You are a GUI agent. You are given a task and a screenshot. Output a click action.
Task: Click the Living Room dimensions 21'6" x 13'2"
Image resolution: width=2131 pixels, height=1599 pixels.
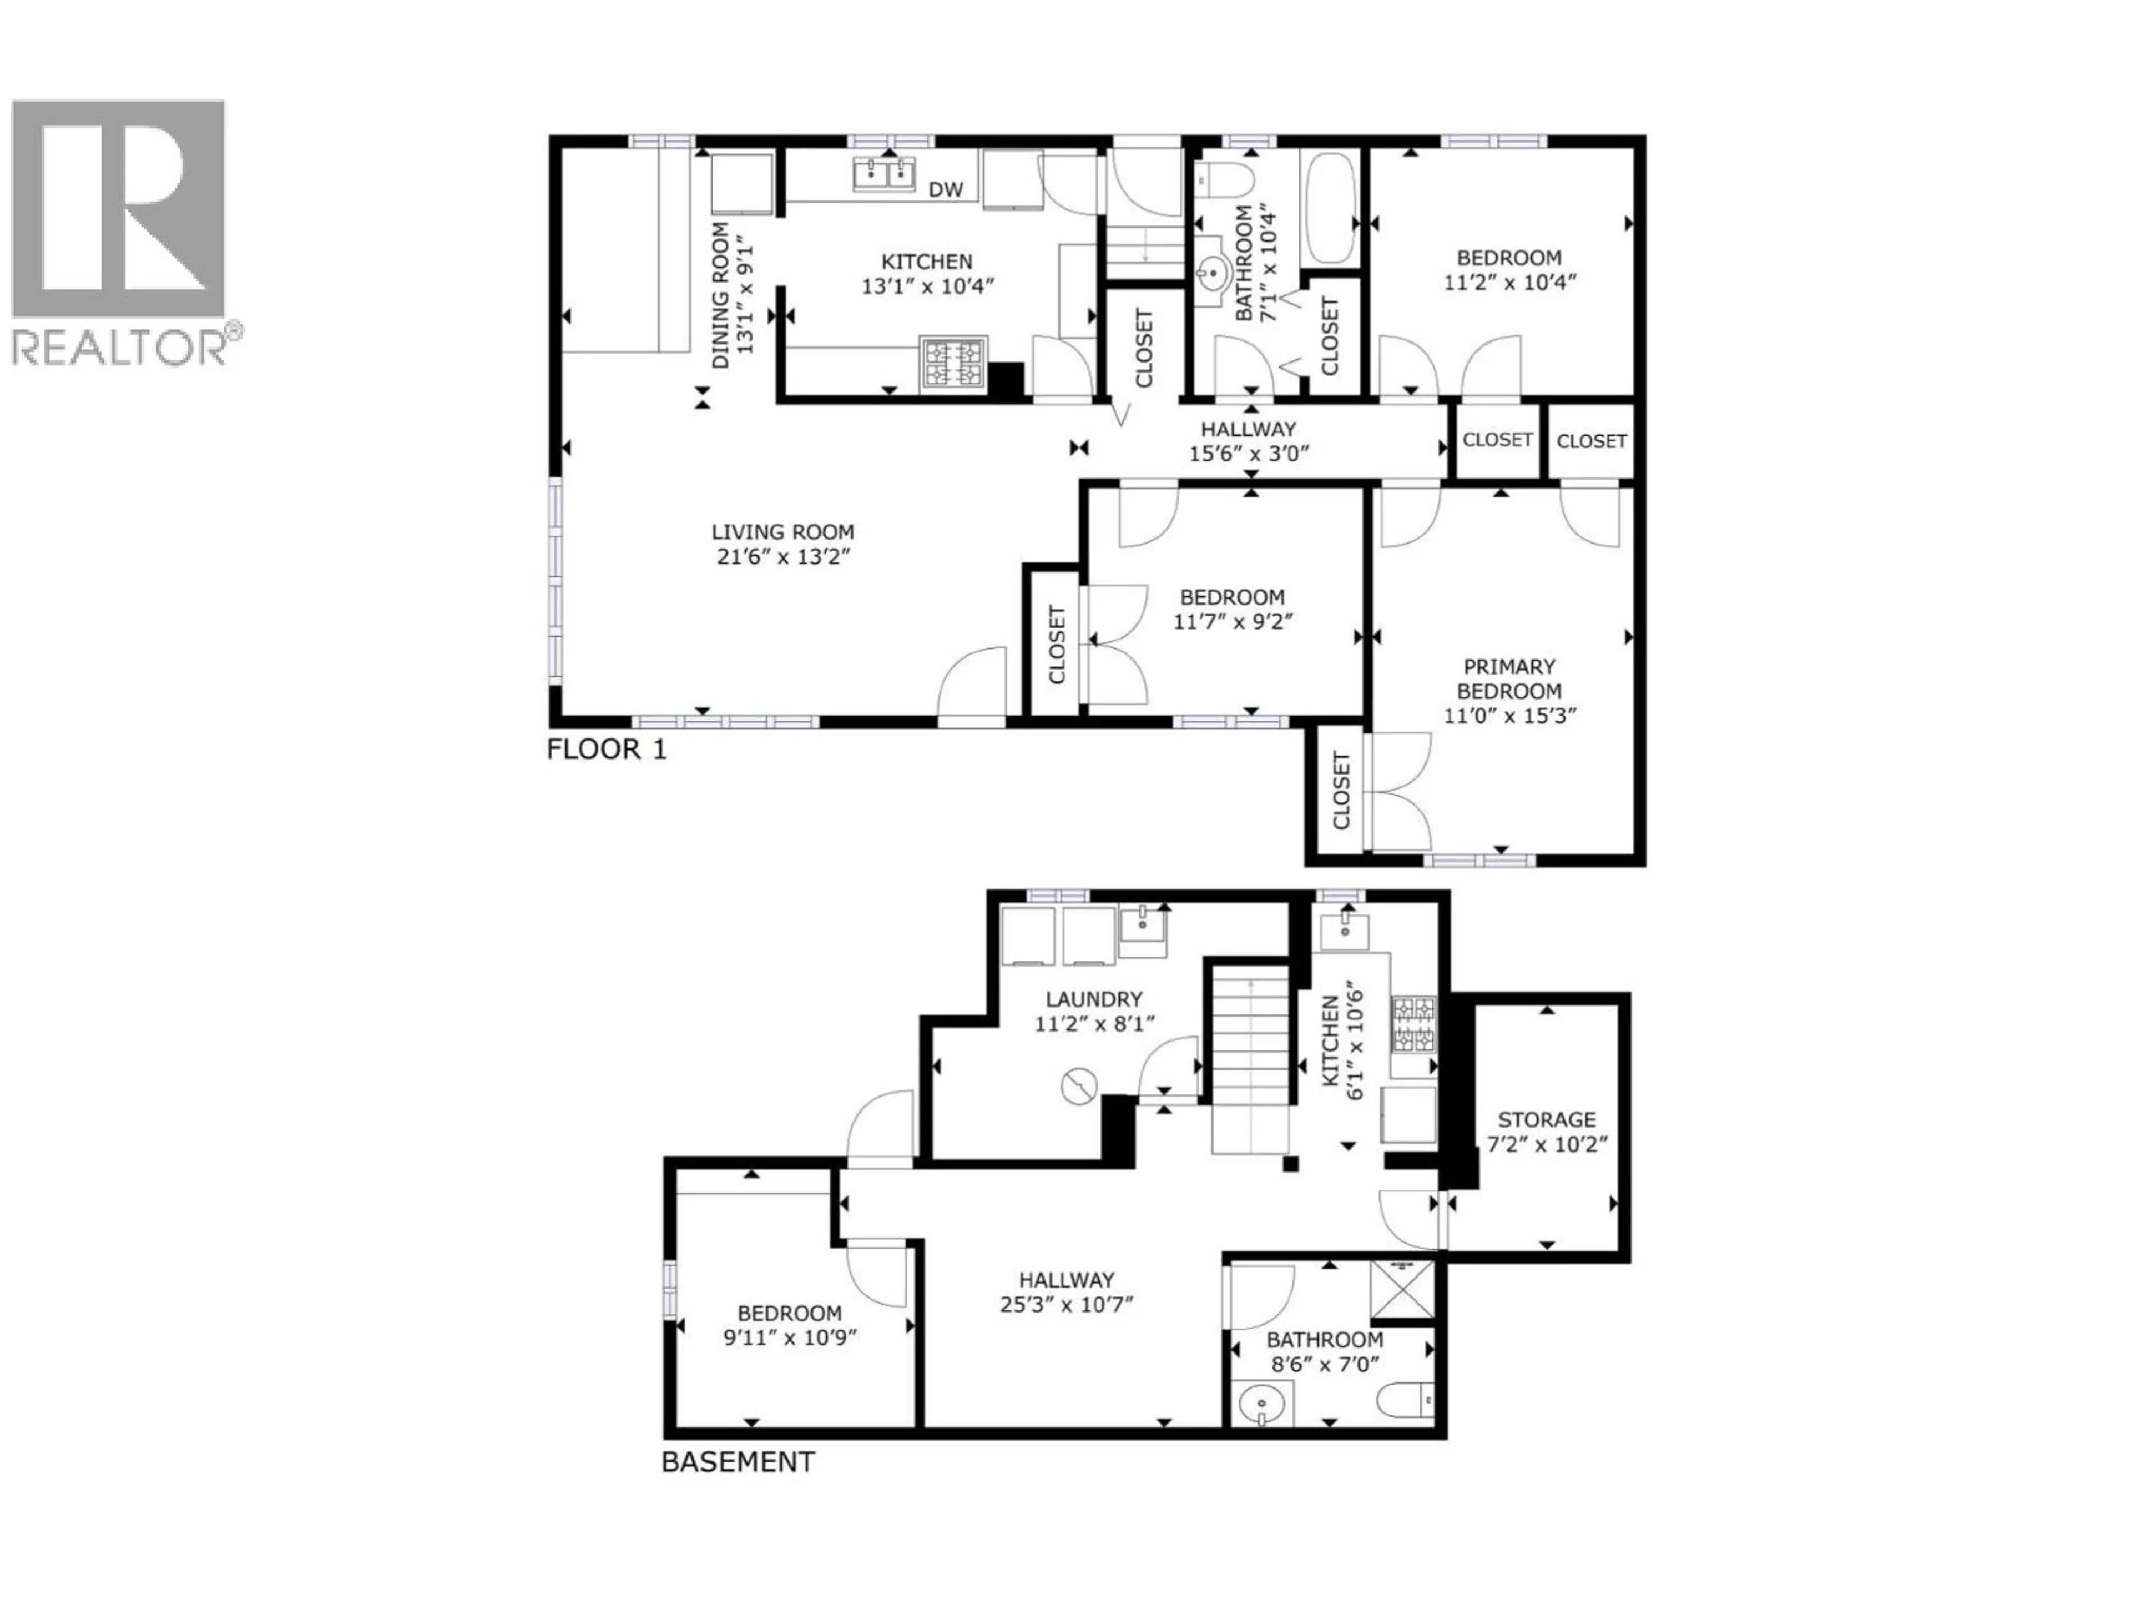pyautogui.click(x=782, y=556)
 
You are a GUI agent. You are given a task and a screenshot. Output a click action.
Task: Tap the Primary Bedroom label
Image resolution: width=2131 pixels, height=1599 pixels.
pyautogui.click(x=1509, y=678)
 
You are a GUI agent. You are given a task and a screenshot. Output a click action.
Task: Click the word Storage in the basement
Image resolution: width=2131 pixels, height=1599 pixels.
pyautogui.click(x=1546, y=1119)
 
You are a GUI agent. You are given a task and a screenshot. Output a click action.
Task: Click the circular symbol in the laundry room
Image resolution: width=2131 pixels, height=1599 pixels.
pyautogui.click(x=1079, y=1086)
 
